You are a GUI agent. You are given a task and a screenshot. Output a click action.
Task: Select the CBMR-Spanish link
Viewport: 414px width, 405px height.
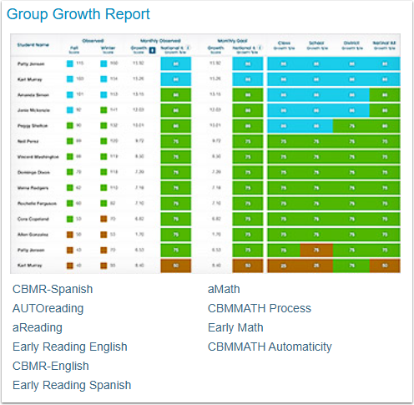(x=53, y=290)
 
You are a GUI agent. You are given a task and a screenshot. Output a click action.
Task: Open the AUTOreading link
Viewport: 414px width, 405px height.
(x=48, y=309)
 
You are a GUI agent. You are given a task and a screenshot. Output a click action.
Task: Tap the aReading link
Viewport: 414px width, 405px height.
(x=38, y=328)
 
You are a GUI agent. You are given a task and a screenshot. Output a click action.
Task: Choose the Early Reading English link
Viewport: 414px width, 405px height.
(x=70, y=347)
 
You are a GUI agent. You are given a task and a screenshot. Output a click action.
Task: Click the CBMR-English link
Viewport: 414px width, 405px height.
(x=50, y=367)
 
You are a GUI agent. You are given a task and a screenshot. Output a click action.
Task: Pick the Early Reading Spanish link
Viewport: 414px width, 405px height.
(x=72, y=386)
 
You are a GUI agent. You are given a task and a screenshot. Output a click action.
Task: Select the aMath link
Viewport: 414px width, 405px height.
(x=225, y=290)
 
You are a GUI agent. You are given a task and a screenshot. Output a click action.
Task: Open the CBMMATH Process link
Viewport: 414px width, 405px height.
(x=260, y=309)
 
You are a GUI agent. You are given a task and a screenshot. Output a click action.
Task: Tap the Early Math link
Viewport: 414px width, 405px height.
(x=235, y=328)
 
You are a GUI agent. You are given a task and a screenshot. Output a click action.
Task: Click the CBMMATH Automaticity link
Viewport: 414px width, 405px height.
(x=270, y=347)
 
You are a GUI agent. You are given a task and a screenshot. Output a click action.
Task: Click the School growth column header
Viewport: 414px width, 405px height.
(x=316, y=44)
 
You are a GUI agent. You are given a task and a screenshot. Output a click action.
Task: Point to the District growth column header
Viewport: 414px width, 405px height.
(x=351, y=44)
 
